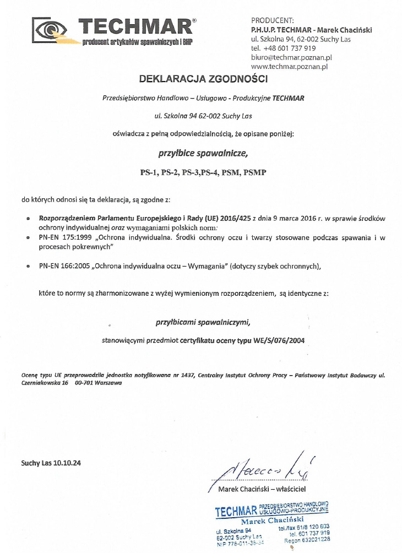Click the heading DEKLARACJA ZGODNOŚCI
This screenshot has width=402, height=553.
[x=203, y=79]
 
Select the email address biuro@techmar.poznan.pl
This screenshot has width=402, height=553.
[x=291, y=57]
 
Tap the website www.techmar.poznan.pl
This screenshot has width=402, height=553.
[x=289, y=67]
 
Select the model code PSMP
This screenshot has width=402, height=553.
[x=257, y=172]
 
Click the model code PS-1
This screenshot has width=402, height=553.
[x=149, y=172]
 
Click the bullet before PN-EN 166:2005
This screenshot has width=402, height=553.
[x=28, y=267]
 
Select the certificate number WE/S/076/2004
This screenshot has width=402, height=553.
[x=278, y=340]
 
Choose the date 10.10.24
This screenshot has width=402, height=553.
[x=68, y=463]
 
